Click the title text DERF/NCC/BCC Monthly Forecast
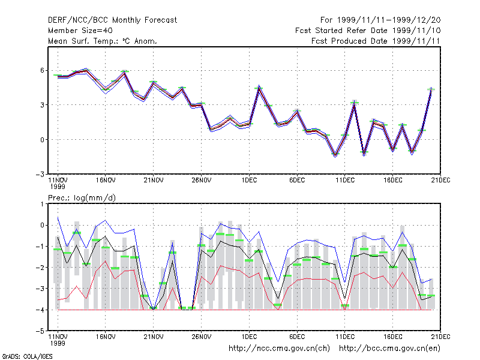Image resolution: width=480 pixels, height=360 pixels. click(x=112, y=20)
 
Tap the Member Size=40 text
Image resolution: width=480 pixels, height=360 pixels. click(x=80, y=31)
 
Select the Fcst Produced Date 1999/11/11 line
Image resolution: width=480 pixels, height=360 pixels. click(x=376, y=41)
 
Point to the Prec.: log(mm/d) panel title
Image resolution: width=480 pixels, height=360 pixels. click(x=82, y=198)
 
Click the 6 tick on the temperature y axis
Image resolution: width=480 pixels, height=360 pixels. click(x=42, y=70)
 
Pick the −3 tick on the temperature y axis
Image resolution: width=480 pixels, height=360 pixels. click(x=40, y=175)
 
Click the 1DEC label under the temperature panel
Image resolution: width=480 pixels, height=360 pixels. click(x=249, y=181)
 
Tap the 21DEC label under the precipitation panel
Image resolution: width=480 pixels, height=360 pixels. click(x=440, y=337)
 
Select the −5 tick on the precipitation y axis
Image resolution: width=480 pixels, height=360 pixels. click(x=40, y=331)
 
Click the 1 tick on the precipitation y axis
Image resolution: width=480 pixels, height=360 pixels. click(x=43, y=204)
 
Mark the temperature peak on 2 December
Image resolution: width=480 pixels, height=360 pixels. click(x=259, y=88)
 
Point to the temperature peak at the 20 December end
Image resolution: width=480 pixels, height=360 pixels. click(x=431, y=89)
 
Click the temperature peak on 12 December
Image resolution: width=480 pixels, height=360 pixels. click(x=355, y=103)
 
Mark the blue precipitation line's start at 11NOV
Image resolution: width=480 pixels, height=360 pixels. click(x=58, y=218)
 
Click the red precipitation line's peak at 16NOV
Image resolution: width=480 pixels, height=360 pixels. click(x=106, y=261)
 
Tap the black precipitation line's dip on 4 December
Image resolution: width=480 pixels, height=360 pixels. click(x=278, y=298)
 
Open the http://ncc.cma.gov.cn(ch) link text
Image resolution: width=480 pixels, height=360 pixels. click(x=279, y=349)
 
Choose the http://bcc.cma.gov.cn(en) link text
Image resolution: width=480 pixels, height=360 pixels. click(x=389, y=349)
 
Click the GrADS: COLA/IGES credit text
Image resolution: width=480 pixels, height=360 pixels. click(x=27, y=356)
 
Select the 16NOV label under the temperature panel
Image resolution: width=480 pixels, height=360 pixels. click(x=106, y=181)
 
